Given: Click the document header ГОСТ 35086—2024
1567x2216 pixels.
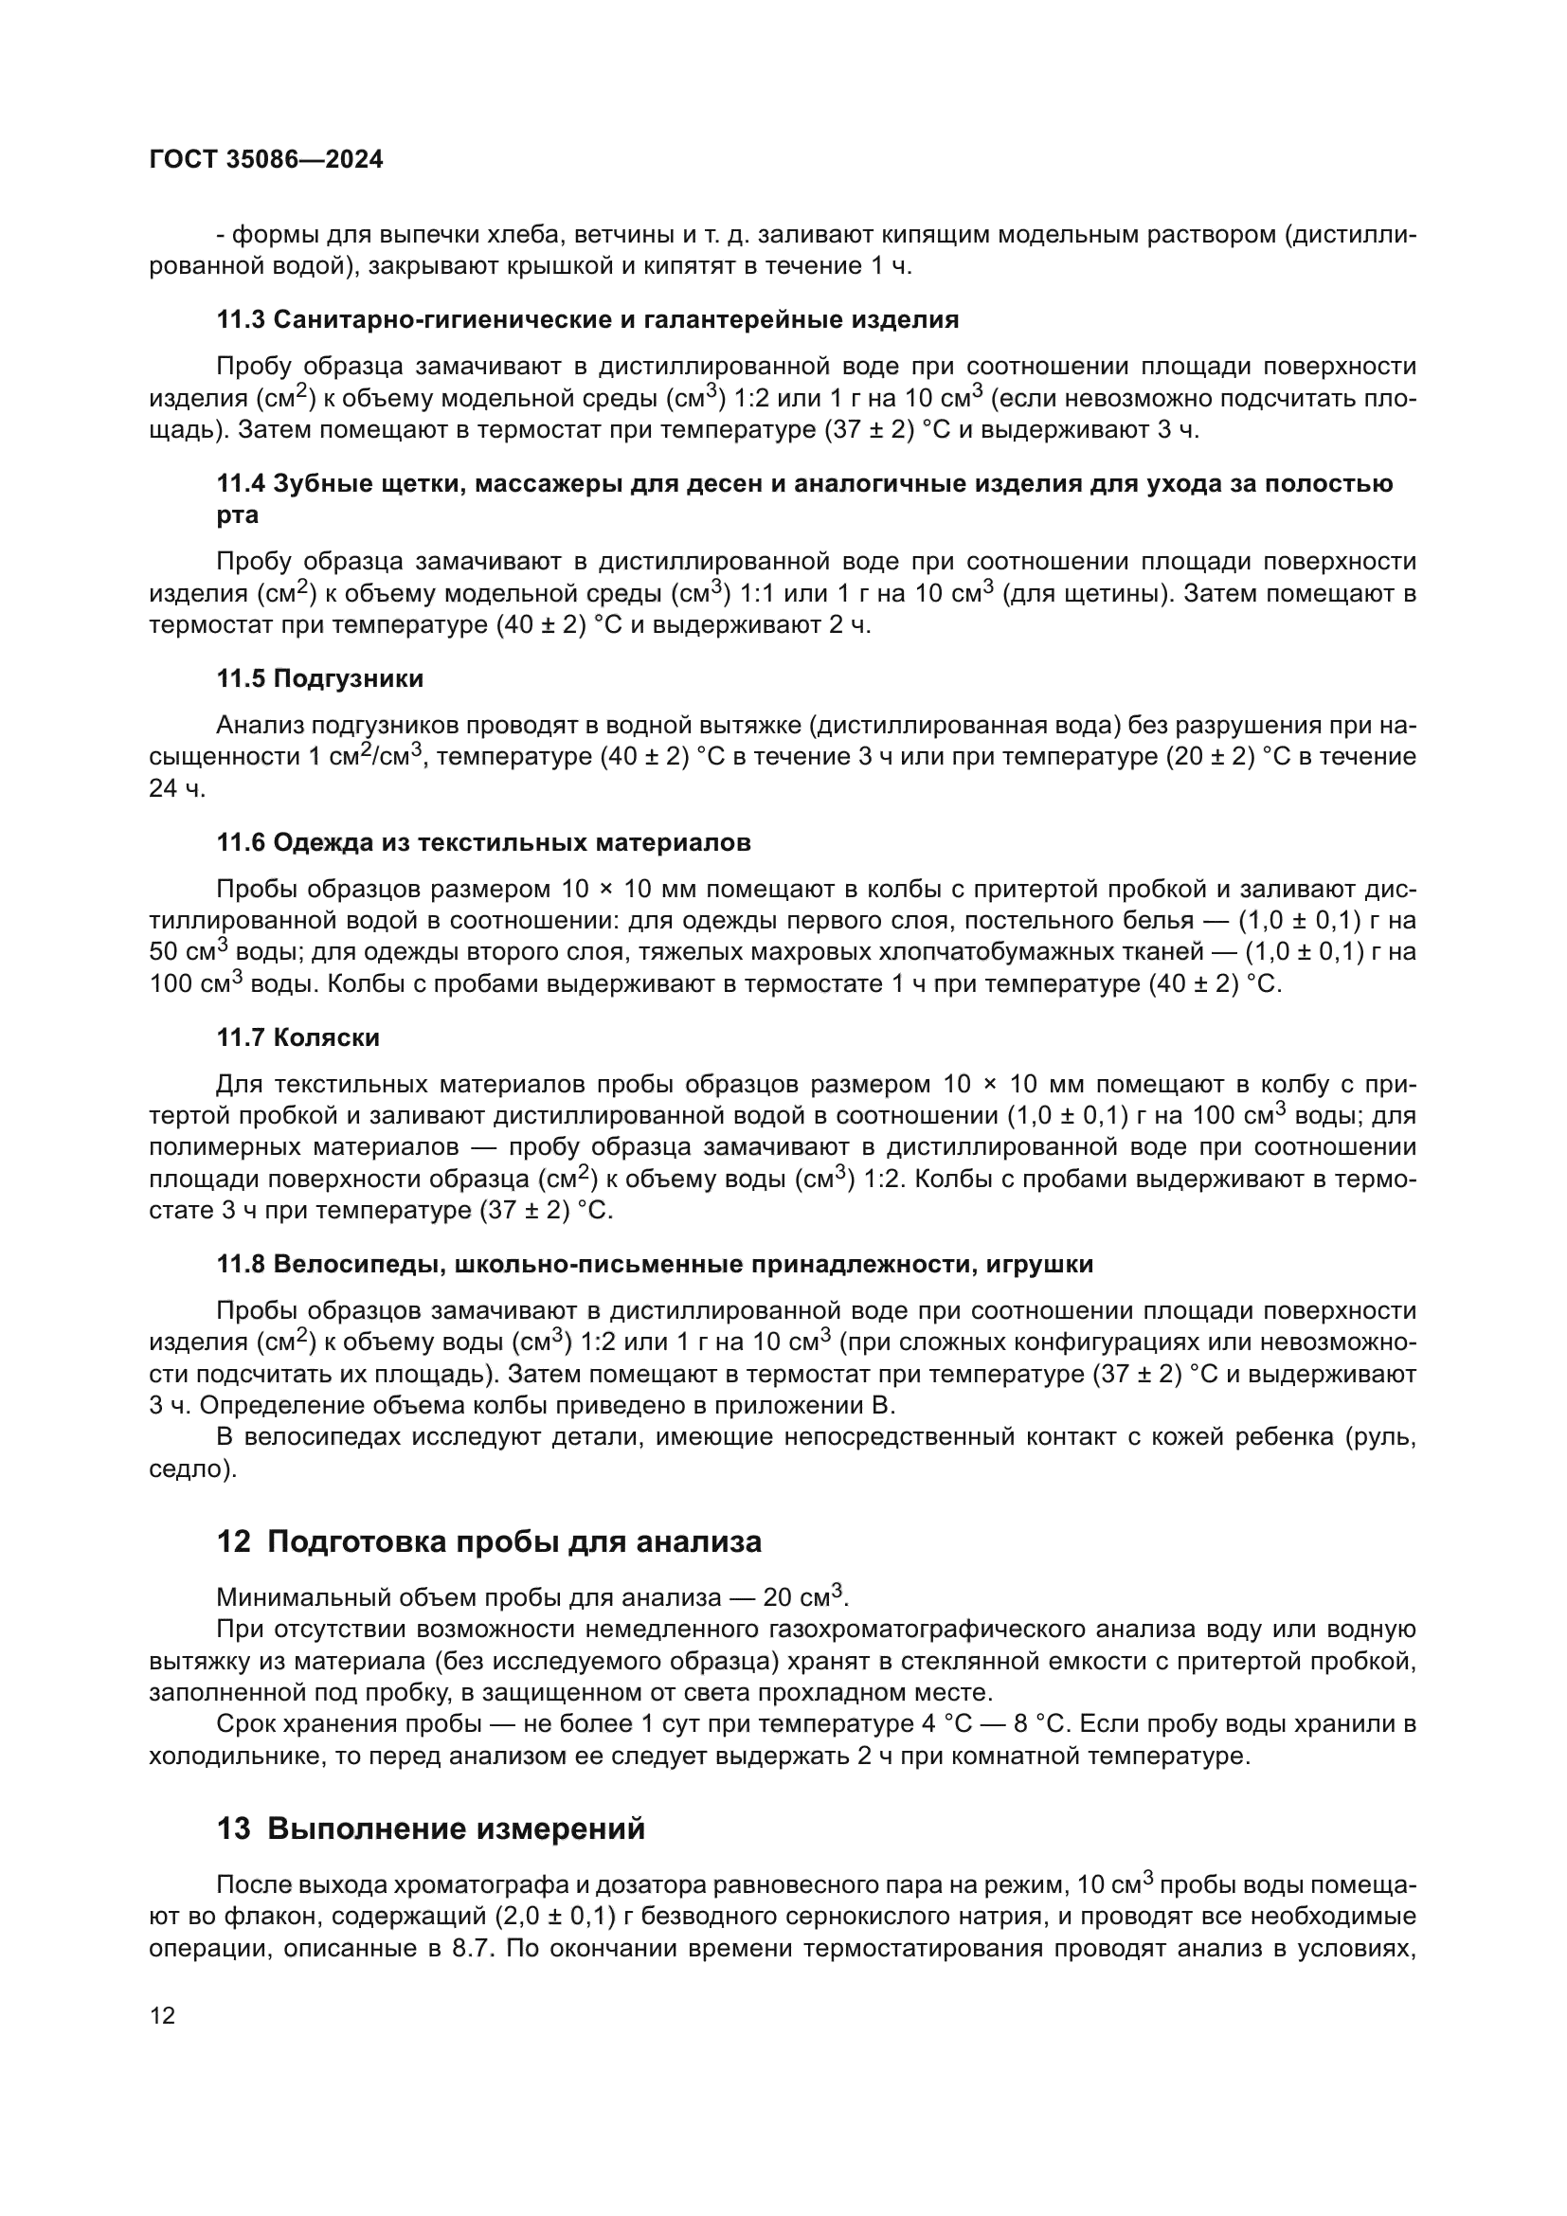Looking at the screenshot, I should (266, 160).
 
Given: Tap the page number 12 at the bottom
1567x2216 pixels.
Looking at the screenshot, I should (163, 2015).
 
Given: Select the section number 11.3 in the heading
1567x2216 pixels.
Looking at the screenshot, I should (241, 319).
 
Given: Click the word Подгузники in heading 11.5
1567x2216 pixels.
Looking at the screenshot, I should (349, 678).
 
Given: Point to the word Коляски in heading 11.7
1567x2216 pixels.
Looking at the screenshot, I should (326, 1037).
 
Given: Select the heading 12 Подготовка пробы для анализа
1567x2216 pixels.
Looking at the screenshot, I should (489, 1541).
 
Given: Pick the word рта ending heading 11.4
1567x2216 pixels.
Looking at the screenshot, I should (238, 514).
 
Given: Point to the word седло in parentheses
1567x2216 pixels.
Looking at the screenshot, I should (189, 1469).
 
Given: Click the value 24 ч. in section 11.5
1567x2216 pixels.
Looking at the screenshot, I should (177, 788).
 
